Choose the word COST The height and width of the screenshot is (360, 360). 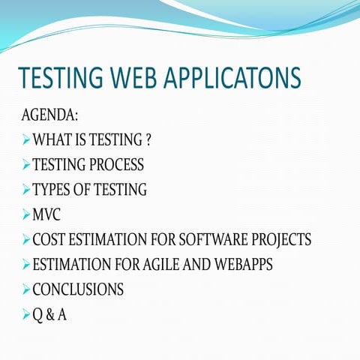pos(48,241)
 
